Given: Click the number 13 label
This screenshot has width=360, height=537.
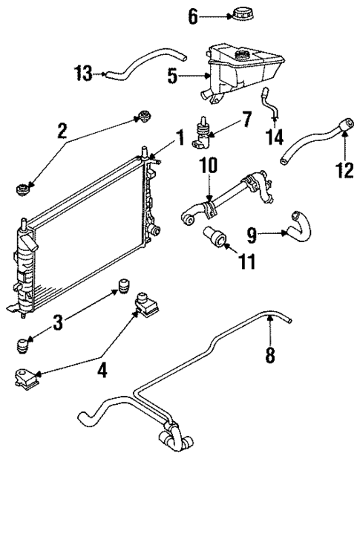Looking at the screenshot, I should pyautogui.click(x=85, y=73).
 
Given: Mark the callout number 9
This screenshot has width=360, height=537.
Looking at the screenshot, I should pyautogui.click(x=252, y=235).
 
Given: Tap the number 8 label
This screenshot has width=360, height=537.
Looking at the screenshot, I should pyautogui.click(x=269, y=356).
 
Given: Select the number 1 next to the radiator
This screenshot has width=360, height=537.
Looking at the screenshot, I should pyautogui.click(x=179, y=137).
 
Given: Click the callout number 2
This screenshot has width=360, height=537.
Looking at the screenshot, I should pyautogui.click(x=62, y=131).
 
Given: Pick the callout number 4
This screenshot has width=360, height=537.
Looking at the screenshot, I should pyautogui.click(x=102, y=369).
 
